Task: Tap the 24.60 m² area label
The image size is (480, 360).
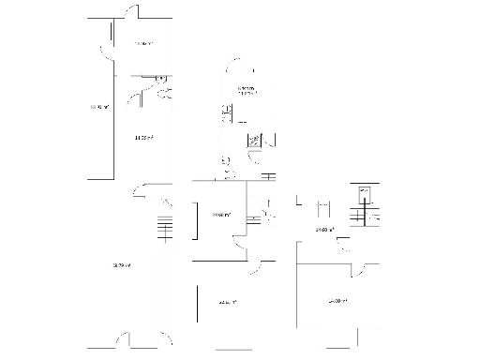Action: coord(323,230)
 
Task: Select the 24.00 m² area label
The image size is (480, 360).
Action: coord(337,301)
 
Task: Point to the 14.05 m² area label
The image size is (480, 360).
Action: coord(143,138)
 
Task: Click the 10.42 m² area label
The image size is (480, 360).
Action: coord(98,107)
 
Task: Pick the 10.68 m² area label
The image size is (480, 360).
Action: coord(221,216)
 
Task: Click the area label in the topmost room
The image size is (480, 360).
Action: coord(143,44)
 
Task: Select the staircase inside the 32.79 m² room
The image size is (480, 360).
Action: coord(165,230)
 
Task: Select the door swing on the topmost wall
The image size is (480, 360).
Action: coord(131,13)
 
